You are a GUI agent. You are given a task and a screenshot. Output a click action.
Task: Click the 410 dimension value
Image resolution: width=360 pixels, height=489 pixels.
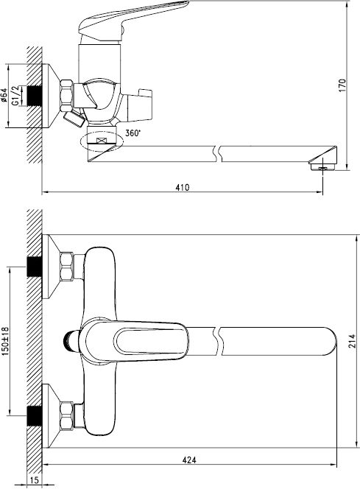pos(182,188)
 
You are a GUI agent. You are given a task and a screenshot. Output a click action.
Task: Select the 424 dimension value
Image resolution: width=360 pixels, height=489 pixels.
pos(189,460)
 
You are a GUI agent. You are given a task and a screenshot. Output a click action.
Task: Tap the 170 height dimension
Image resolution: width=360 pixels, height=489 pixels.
pos(342,85)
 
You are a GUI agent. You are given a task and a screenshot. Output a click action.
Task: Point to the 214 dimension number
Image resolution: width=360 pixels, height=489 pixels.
pos(352,341)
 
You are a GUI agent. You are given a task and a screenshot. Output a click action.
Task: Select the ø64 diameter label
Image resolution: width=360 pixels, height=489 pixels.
pos(4,95)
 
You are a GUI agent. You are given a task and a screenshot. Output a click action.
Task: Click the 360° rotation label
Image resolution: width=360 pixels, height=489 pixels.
pos(133,133)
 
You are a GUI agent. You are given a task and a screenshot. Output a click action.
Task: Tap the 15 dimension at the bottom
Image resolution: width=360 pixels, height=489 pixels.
pos(35,480)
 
